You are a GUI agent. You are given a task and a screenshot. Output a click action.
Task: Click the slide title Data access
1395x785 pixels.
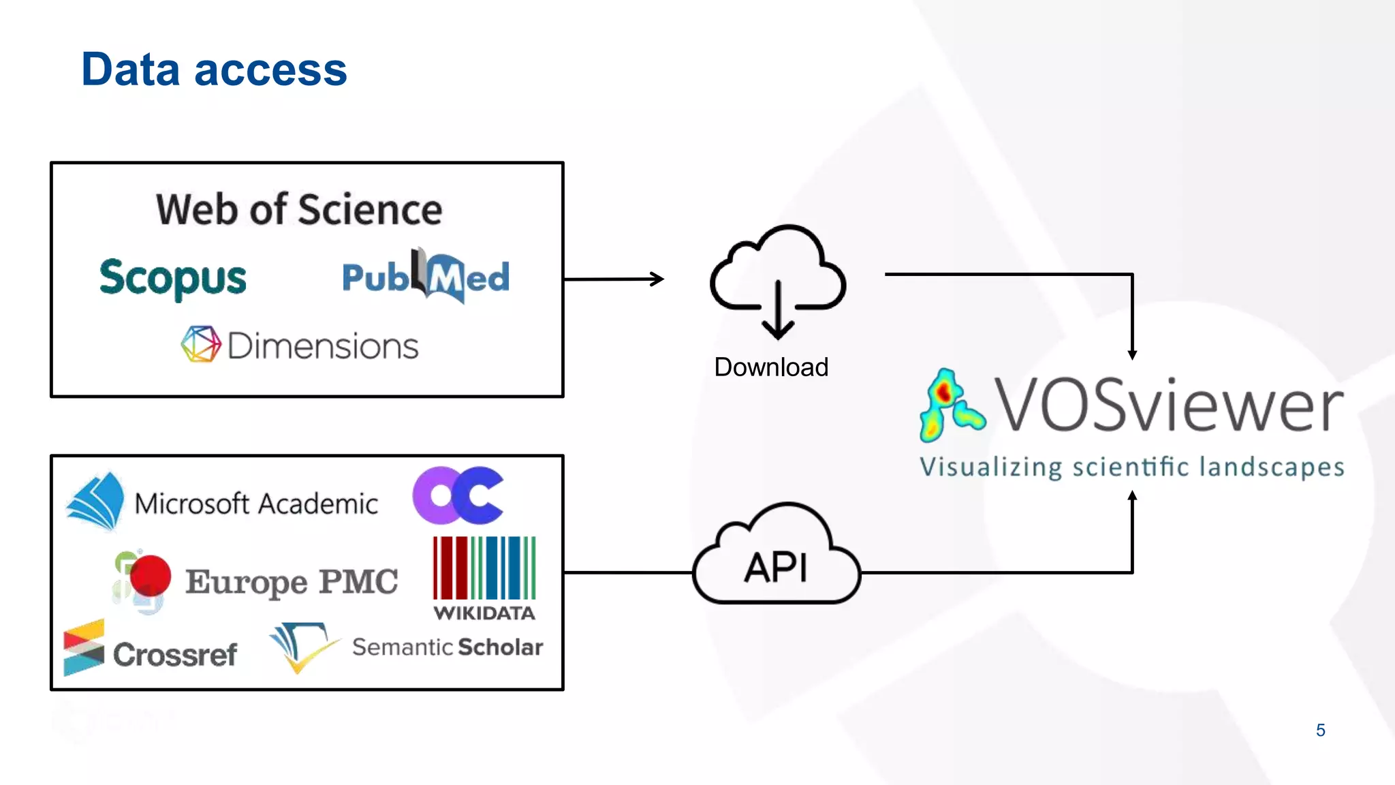[x=214, y=70]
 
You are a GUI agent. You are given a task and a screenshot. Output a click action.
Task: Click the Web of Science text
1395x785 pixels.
[x=299, y=209]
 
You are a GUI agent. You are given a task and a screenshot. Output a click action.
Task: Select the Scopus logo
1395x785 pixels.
[x=173, y=278]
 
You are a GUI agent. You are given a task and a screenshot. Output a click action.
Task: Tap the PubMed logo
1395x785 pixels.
[x=426, y=277]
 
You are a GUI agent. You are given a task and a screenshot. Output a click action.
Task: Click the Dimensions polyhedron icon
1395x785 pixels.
[x=201, y=344]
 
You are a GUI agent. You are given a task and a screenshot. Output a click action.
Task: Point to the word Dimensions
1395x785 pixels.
[x=322, y=346]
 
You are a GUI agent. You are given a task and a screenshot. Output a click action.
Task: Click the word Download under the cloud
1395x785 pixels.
[x=771, y=367]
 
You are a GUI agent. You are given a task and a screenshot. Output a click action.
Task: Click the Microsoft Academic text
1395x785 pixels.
[x=256, y=504]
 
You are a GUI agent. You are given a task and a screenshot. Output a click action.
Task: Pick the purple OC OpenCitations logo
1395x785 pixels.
[x=458, y=495]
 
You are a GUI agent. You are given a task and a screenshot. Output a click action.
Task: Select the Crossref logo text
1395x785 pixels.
[x=175, y=655]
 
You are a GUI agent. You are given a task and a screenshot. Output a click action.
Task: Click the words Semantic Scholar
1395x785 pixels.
[x=448, y=647]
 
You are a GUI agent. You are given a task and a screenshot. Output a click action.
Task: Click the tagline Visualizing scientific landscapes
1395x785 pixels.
[x=1131, y=467]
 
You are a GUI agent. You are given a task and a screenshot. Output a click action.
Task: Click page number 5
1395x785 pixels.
[x=1320, y=730]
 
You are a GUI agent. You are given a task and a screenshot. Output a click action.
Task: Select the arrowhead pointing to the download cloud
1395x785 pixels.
[x=658, y=279]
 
